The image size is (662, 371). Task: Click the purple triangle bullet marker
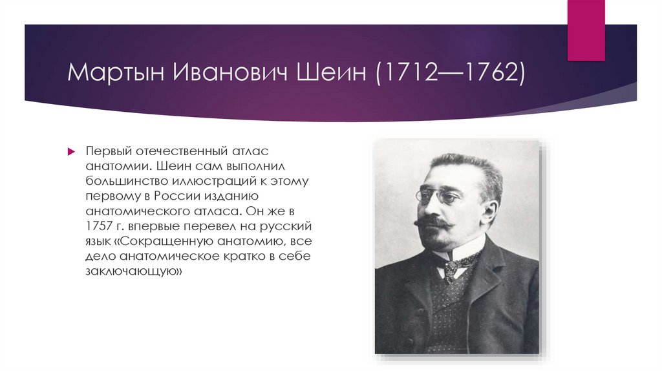tap(72, 151)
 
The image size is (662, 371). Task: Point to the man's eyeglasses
tap(437, 195)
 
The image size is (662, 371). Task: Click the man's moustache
tap(431, 223)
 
